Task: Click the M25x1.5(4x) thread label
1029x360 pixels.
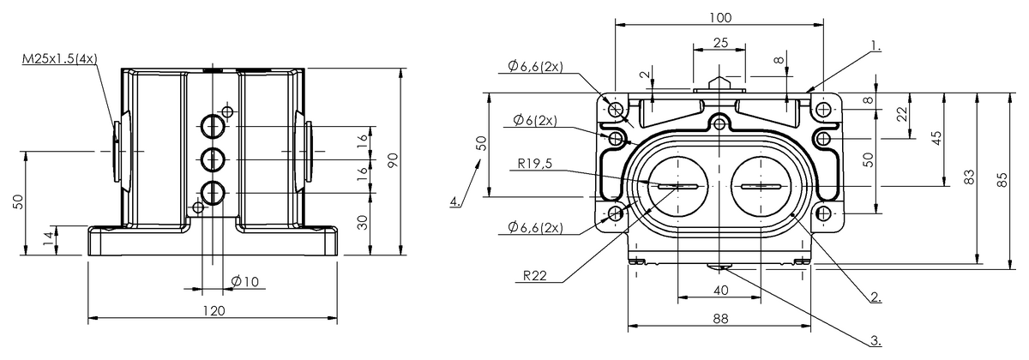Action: pyautogui.click(x=60, y=59)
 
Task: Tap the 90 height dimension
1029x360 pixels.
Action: pyautogui.click(x=392, y=160)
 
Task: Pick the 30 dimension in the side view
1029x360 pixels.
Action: pyautogui.click(x=363, y=221)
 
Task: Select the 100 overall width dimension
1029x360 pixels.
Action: pyautogui.click(x=720, y=17)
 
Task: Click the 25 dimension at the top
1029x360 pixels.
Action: pyautogui.click(x=720, y=43)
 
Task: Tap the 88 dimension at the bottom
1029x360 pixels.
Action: pyautogui.click(x=720, y=318)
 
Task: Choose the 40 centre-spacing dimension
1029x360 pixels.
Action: pyautogui.click(x=720, y=291)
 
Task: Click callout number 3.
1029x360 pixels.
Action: pyautogui.click(x=876, y=339)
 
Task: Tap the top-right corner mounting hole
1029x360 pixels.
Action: pyautogui.click(x=823, y=109)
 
